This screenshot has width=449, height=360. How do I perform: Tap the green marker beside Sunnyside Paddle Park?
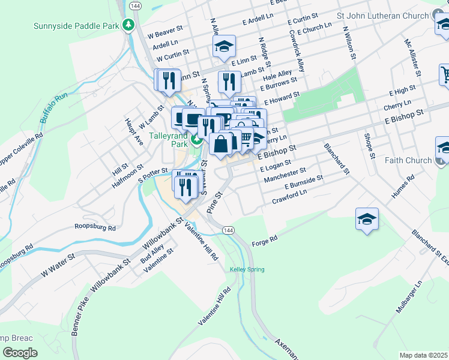(127, 25)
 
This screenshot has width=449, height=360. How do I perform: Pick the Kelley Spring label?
(247, 269)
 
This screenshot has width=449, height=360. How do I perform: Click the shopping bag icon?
(221, 144)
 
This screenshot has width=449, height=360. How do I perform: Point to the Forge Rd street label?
(264, 239)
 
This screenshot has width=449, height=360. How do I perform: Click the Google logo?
(20, 353)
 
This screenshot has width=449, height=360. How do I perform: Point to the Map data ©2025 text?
(423, 355)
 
